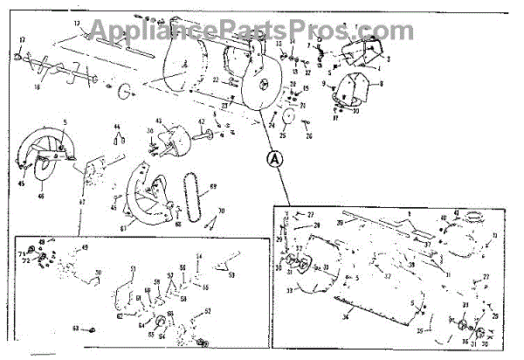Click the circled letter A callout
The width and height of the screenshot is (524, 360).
[273, 159]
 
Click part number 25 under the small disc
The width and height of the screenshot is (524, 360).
[283, 136]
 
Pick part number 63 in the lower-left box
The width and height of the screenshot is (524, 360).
[76, 329]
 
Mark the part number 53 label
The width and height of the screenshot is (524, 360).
[231, 274]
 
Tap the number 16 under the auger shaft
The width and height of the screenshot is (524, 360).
[37, 87]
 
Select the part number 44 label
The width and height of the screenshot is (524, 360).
[117, 128]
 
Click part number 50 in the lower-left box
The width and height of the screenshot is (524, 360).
[98, 273]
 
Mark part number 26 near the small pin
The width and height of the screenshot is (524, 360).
[308, 136]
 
